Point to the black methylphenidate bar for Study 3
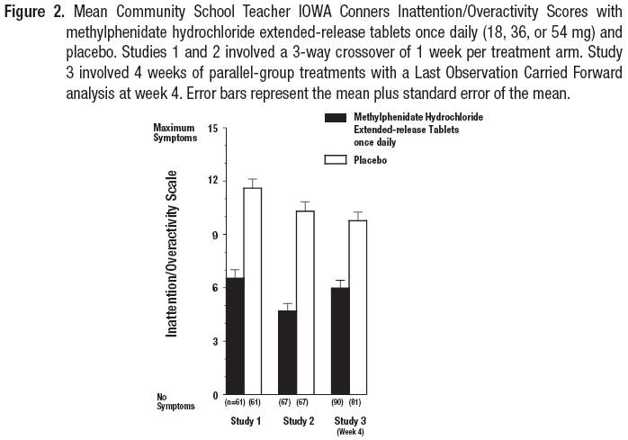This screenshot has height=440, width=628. (341, 341)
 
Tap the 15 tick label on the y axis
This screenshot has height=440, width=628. (212, 128)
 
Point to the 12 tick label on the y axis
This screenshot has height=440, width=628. (212, 181)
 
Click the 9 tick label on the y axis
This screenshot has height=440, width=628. (214, 235)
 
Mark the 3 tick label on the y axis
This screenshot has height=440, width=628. (214, 342)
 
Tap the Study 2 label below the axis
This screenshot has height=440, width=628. (298, 420)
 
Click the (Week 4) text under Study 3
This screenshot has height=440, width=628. (350, 431)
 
